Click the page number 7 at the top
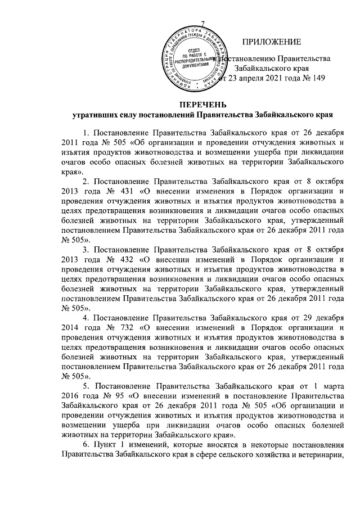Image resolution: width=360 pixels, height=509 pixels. (x=202, y=22)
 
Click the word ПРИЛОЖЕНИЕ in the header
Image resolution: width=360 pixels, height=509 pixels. (x=272, y=42)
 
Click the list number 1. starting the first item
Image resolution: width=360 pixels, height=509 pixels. (x=85, y=133)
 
